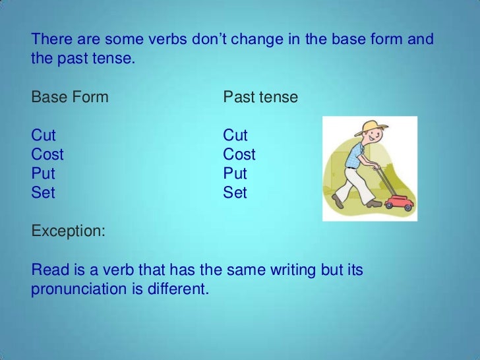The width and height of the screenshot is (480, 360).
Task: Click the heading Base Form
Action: [x=70, y=97]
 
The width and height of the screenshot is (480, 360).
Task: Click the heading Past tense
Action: [x=260, y=97]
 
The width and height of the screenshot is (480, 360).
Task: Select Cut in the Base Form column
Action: [x=44, y=135]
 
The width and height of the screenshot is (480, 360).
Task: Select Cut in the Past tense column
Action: [x=235, y=135]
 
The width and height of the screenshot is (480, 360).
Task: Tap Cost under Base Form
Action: [x=47, y=154]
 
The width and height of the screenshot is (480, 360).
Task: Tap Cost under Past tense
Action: [x=239, y=154]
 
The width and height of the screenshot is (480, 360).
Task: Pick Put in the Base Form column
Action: [x=43, y=173]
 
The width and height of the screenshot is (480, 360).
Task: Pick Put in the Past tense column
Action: [x=235, y=173]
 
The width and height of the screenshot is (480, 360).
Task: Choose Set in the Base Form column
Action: [x=43, y=193]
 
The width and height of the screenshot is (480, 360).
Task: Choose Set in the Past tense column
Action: [x=235, y=193]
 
